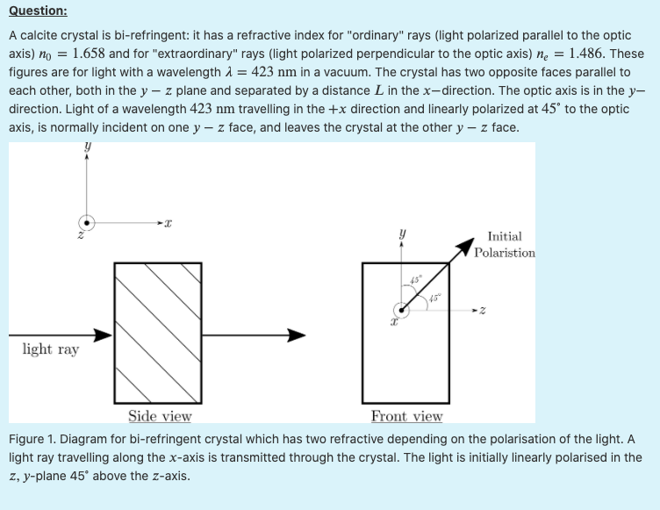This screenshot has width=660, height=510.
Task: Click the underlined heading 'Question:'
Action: [38, 11]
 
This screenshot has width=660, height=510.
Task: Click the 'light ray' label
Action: [50, 349]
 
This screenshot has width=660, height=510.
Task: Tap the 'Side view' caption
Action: [160, 416]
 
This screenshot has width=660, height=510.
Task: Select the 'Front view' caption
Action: [406, 416]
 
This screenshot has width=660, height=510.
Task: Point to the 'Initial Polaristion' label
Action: [505, 244]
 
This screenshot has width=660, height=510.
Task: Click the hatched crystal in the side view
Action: [160, 332]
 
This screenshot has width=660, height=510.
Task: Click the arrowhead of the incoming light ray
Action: [103, 334]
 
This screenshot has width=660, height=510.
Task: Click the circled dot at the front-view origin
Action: [401, 310]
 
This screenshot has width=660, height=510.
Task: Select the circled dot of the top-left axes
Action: [86, 222]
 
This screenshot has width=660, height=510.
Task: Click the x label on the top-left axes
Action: [168, 226]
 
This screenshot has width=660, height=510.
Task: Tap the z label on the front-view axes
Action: [483, 310]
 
